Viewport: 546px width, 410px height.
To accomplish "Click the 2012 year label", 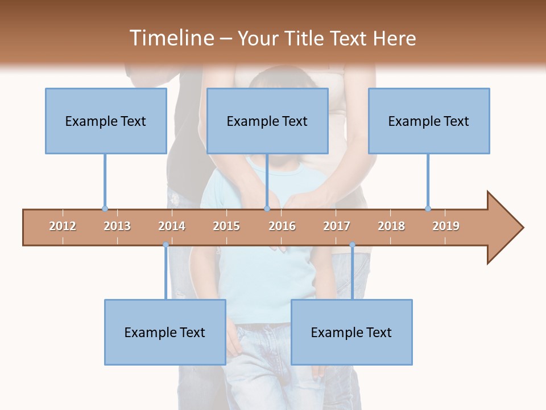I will point(63,226).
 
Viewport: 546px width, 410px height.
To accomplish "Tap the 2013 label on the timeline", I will point(117,226).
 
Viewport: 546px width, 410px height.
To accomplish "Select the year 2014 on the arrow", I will point(172,226).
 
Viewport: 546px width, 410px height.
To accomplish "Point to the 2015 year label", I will point(226,226).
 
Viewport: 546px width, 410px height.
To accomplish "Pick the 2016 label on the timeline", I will point(282,226).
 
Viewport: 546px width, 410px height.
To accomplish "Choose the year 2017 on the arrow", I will point(337,226).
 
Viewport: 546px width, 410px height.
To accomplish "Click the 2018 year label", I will point(391,226).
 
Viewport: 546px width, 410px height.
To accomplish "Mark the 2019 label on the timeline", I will point(446,226).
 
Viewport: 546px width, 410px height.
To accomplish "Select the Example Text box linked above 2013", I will point(106,121).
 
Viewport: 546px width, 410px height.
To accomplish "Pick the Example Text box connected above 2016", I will point(267,121).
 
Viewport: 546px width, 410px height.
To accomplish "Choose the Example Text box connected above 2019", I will point(429,121).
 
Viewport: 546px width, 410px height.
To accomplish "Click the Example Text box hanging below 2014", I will point(165,332).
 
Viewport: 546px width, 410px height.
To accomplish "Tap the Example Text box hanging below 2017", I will point(351,332).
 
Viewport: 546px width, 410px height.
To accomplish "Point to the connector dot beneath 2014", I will point(166,245).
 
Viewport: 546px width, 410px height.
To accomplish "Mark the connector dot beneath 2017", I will point(352,245).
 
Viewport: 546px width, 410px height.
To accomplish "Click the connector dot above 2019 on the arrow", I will point(428,208).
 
